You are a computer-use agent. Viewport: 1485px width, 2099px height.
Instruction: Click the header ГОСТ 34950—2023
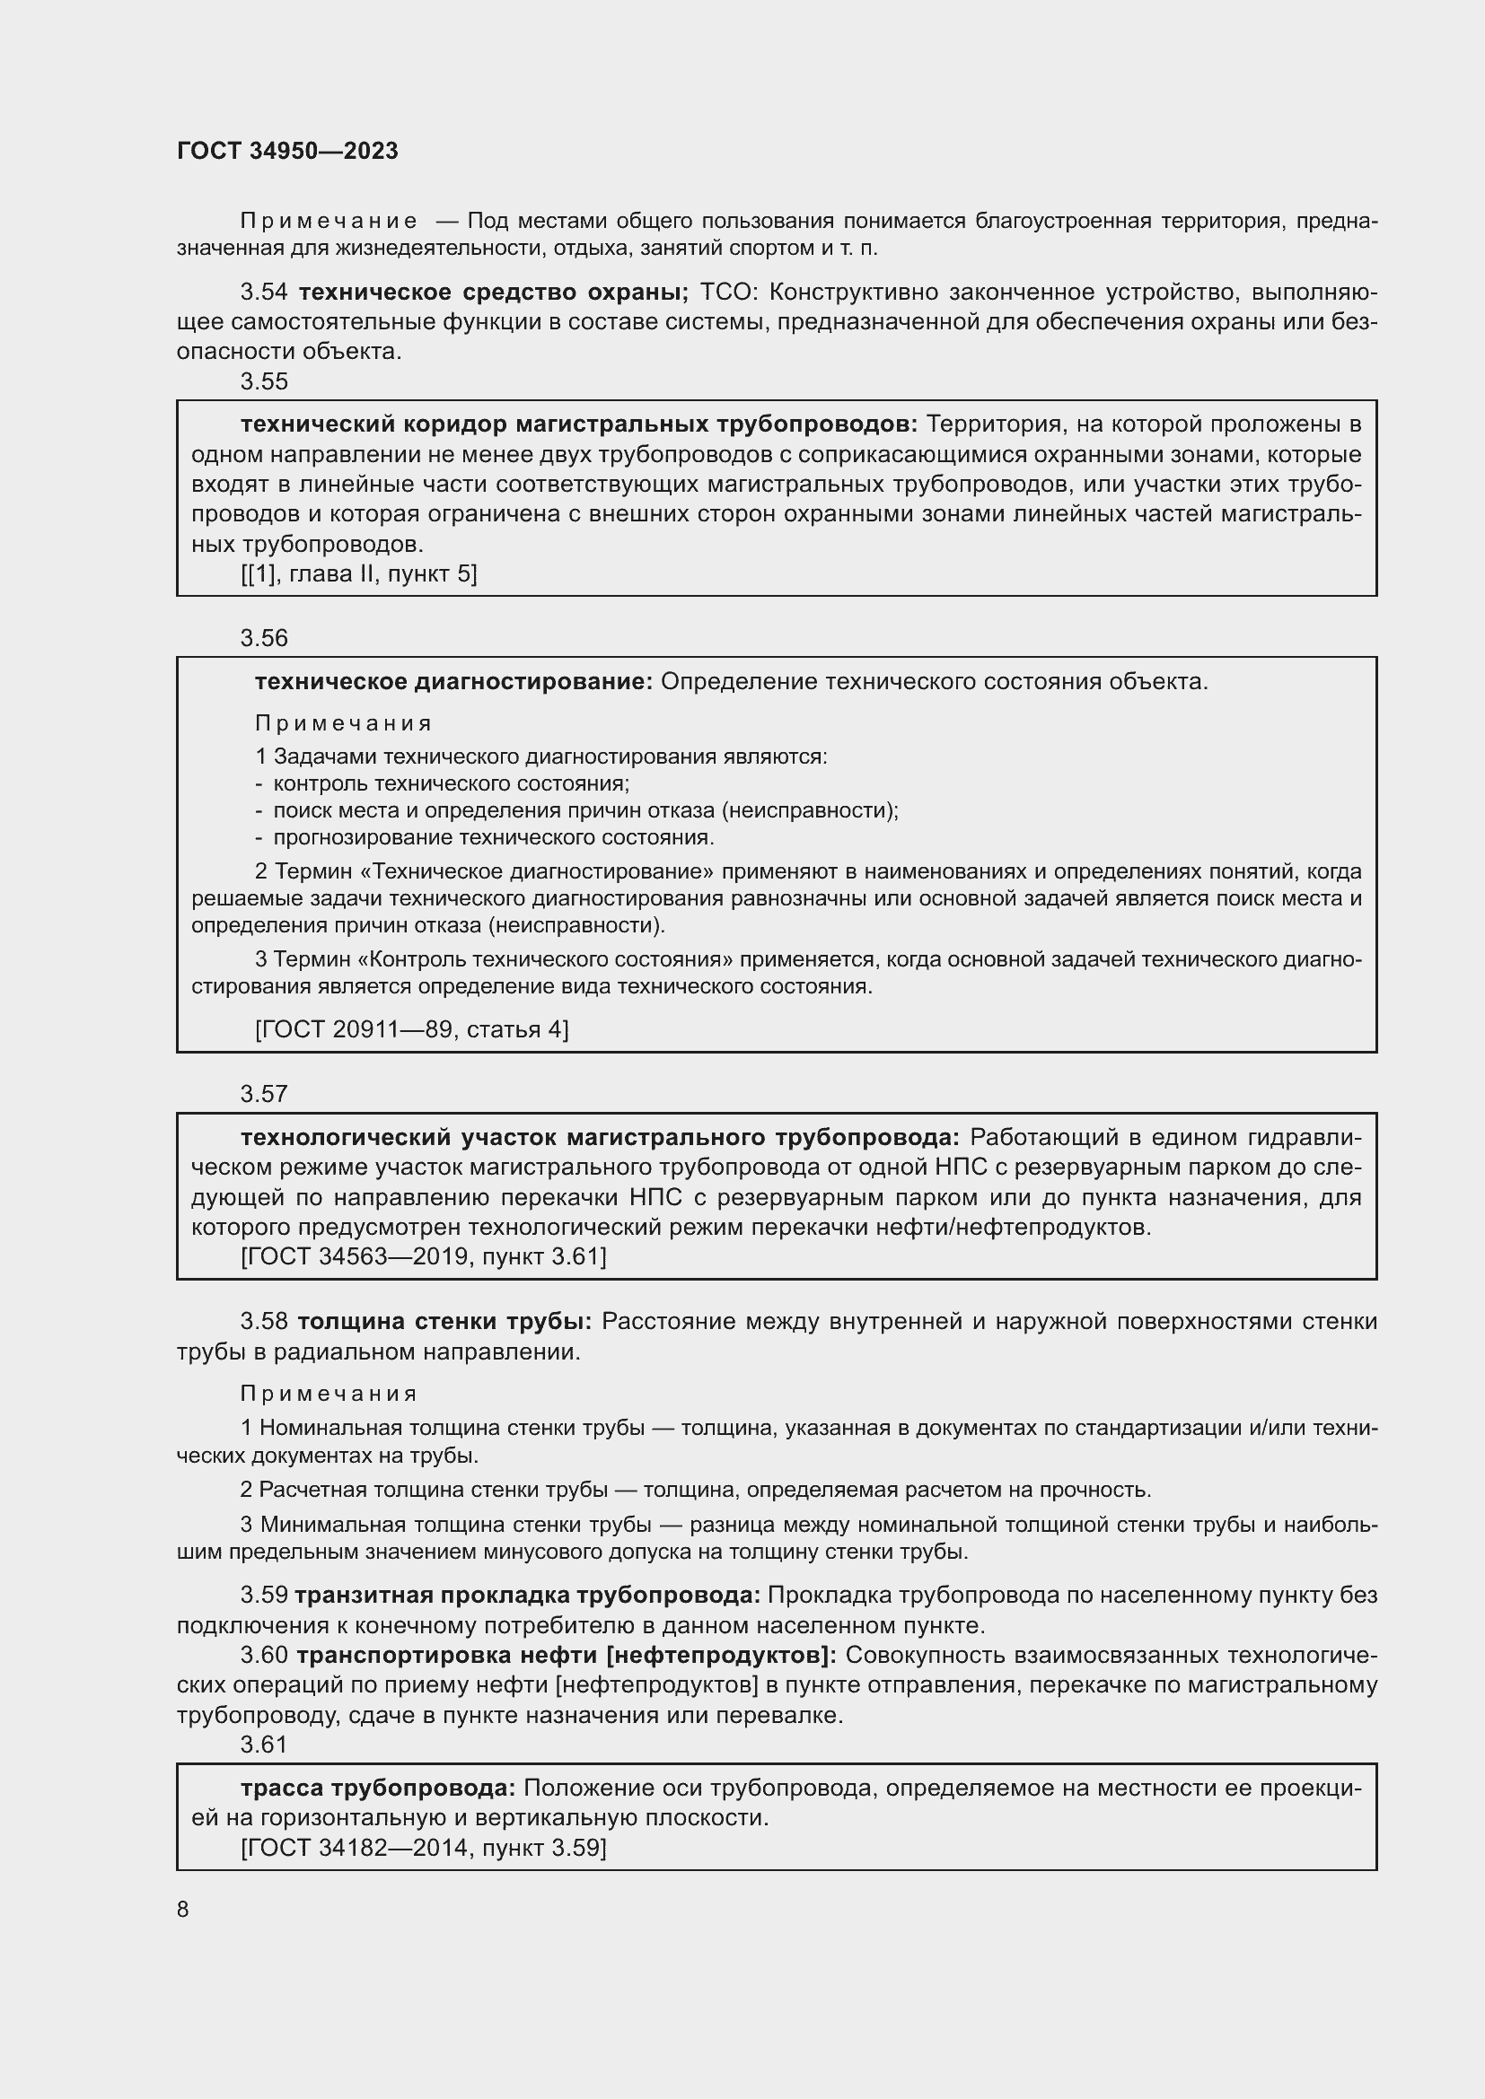click(287, 152)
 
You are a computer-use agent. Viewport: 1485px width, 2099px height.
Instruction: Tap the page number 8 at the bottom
click(183, 1909)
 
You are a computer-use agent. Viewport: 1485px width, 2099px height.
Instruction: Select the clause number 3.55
click(263, 381)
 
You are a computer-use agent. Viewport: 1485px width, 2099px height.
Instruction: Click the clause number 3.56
click(263, 638)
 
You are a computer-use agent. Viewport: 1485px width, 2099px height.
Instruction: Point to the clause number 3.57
click(263, 1093)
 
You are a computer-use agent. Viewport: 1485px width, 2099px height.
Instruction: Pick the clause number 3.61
click(263, 1745)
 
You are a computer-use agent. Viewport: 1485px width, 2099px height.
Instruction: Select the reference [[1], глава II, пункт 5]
click(358, 574)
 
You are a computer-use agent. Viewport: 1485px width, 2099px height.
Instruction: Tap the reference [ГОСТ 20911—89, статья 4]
click(411, 1029)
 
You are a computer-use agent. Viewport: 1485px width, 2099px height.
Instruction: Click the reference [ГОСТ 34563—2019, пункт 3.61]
click(424, 1256)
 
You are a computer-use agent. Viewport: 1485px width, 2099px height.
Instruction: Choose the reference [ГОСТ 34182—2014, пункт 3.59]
click(424, 1848)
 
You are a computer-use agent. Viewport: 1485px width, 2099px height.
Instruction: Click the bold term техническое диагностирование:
click(453, 682)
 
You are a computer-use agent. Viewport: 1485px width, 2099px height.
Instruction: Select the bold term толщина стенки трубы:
click(444, 1321)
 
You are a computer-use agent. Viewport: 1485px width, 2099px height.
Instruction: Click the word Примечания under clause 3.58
click(329, 1394)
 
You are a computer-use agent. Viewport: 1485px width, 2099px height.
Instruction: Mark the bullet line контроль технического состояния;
click(451, 783)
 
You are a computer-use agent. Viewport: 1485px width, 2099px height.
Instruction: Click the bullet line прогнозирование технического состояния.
click(493, 837)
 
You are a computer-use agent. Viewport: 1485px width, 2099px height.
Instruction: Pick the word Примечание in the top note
click(329, 222)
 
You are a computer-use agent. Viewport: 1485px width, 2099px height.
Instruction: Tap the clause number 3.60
click(263, 1655)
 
